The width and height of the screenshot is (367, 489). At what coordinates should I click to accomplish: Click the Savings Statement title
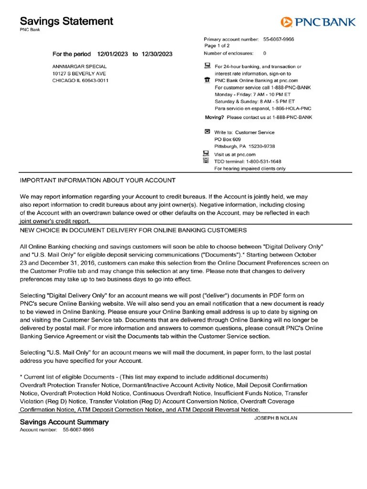pyautogui.click(x=66, y=21)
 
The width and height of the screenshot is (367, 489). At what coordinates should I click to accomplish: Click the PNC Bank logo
pyautogui.click(x=318, y=21)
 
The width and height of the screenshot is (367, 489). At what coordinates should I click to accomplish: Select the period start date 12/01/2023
pyautogui.click(x=112, y=54)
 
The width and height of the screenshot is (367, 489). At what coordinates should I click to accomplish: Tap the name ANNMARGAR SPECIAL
pyautogui.click(x=79, y=66)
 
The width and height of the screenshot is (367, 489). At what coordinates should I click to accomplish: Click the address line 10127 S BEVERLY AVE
pyautogui.click(x=79, y=74)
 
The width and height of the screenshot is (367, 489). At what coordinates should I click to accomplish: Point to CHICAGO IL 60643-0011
pyautogui.click(x=80, y=81)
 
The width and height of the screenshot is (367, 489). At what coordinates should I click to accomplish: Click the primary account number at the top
pyautogui.click(x=279, y=39)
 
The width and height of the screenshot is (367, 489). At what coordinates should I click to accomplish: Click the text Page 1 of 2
pyautogui.click(x=217, y=46)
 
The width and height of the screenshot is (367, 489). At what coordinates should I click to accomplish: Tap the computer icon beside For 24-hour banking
pyautogui.click(x=207, y=65)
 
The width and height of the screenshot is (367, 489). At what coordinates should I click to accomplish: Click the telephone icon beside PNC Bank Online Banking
pyautogui.click(x=207, y=80)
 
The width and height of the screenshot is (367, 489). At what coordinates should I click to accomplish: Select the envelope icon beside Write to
pyautogui.click(x=207, y=131)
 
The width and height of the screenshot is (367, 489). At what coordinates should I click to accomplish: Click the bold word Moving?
pyautogui.click(x=214, y=117)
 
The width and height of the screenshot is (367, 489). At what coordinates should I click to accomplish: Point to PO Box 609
pyautogui.click(x=227, y=139)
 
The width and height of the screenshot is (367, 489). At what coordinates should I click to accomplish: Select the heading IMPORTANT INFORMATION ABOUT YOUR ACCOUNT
pyautogui.click(x=97, y=181)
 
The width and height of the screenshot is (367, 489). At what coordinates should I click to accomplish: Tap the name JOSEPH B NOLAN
pyautogui.click(x=276, y=418)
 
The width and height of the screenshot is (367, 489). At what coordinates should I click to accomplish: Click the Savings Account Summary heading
pyautogui.click(x=64, y=422)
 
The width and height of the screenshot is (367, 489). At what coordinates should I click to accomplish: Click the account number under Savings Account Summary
pyautogui.click(x=78, y=430)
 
